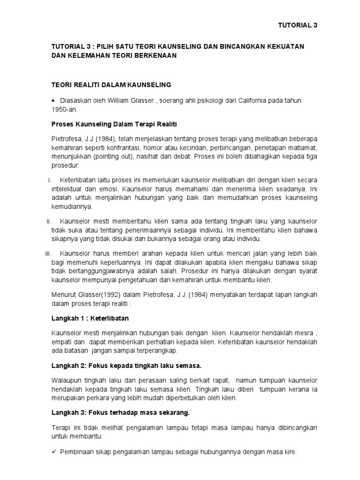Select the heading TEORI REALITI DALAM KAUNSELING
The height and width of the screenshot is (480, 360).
111,85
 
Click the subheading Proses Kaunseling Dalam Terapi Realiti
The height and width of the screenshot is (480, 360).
113,124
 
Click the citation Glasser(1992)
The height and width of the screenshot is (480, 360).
95,294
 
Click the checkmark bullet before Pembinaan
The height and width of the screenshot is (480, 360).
54,453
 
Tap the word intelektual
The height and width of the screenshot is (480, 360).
68,189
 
